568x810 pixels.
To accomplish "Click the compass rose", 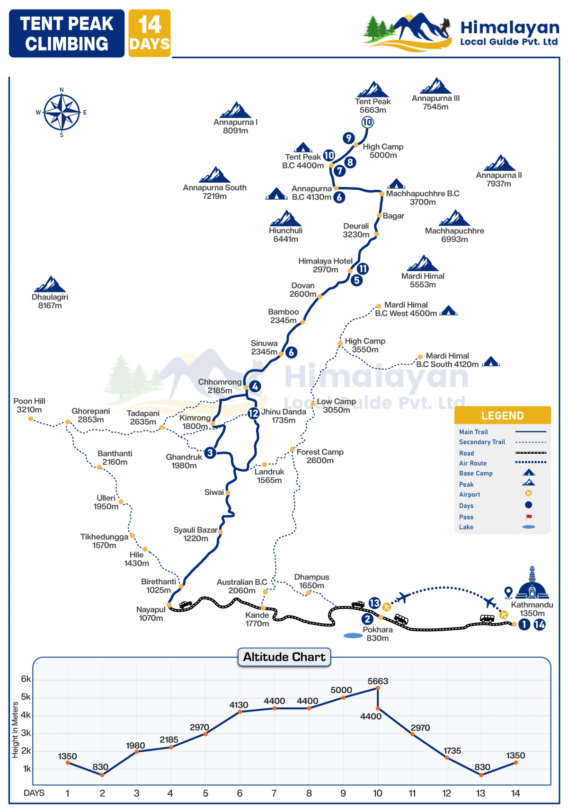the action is point(62,112).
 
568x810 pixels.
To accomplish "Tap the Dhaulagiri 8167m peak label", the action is point(50,301).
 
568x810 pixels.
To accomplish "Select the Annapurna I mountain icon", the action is point(235,110).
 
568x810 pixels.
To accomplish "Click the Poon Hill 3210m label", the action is point(29,405).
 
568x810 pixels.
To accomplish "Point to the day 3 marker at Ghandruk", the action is point(210,453).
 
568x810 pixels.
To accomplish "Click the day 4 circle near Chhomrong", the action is point(255,387).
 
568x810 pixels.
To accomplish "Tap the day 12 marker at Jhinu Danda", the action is point(253,414).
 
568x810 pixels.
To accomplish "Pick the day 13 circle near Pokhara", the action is point(374,603).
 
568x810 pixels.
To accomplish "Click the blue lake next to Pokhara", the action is point(353,635).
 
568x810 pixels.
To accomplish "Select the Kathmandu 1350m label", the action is point(532,609).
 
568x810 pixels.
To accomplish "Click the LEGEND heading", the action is point(503,416).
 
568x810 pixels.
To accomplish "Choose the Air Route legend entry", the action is point(473,463).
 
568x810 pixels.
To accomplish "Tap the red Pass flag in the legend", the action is point(529,517).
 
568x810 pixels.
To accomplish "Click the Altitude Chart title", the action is point(284,657).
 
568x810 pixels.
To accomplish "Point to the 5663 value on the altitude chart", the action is point(378,681).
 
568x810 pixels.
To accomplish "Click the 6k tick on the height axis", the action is point(26,679).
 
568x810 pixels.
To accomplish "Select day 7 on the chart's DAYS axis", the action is point(274,793).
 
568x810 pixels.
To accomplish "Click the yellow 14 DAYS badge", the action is point(150,33).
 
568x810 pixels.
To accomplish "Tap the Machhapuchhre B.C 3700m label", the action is point(423,198).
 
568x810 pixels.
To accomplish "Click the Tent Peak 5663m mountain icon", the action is point(373,89).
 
